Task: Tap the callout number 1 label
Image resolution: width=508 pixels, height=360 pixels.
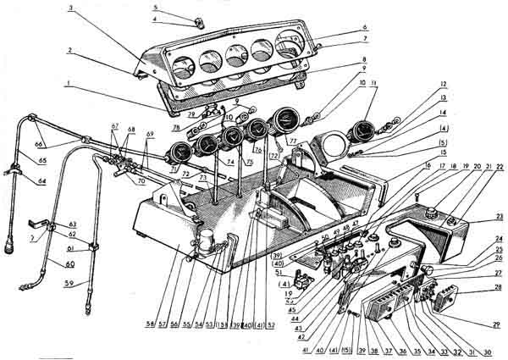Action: click(65, 82)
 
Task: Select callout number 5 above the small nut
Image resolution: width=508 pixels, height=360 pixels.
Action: click(156, 7)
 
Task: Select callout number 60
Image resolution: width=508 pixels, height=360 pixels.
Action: click(58, 263)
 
